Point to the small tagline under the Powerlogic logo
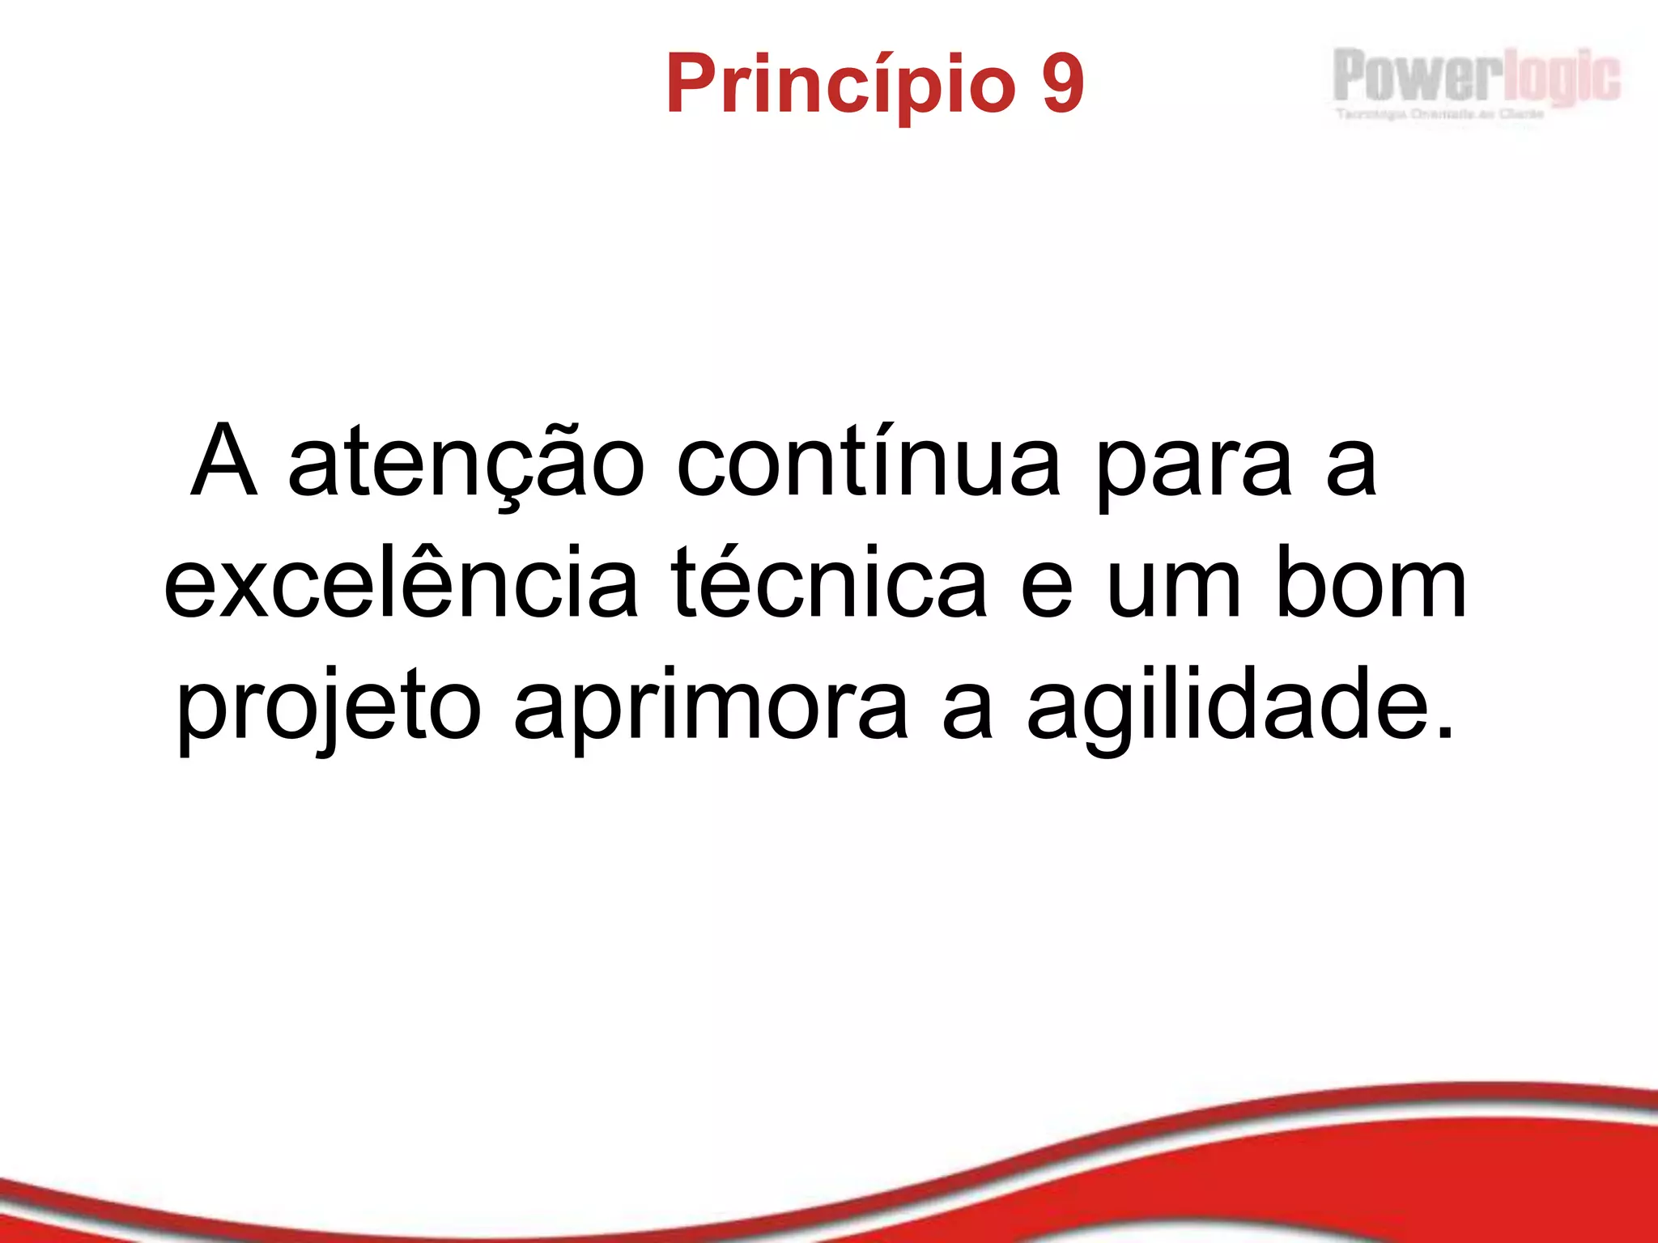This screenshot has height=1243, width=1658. coord(1440,115)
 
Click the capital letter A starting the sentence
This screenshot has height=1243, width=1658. coord(224,461)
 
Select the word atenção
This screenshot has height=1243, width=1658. coord(466,465)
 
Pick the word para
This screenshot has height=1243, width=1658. coord(1194,469)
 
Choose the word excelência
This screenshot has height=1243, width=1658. coord(402,583)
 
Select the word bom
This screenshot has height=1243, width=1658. coord(1371,583)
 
